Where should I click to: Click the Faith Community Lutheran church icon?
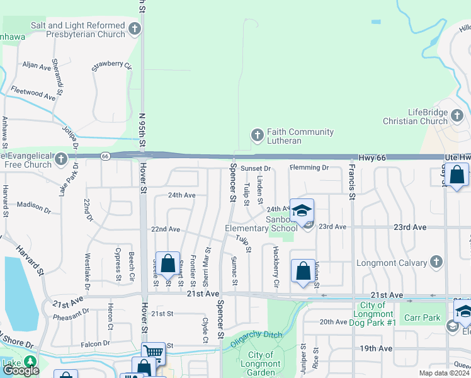pos(257,135)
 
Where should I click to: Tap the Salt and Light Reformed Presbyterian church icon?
pos(134,28)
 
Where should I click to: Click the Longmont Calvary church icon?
pos(436,263)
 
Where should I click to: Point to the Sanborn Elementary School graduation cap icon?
pos(302,210)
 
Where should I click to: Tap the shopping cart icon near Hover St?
pos(153,353)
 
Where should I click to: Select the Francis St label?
pos(351,183)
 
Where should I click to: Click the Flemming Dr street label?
pos(309,168)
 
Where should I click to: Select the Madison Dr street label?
pos(33,205)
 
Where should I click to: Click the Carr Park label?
pos(422,318)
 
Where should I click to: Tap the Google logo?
pos(21,370)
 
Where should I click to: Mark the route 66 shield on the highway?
pos(105,156)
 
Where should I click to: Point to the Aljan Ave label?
pos(36,65)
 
